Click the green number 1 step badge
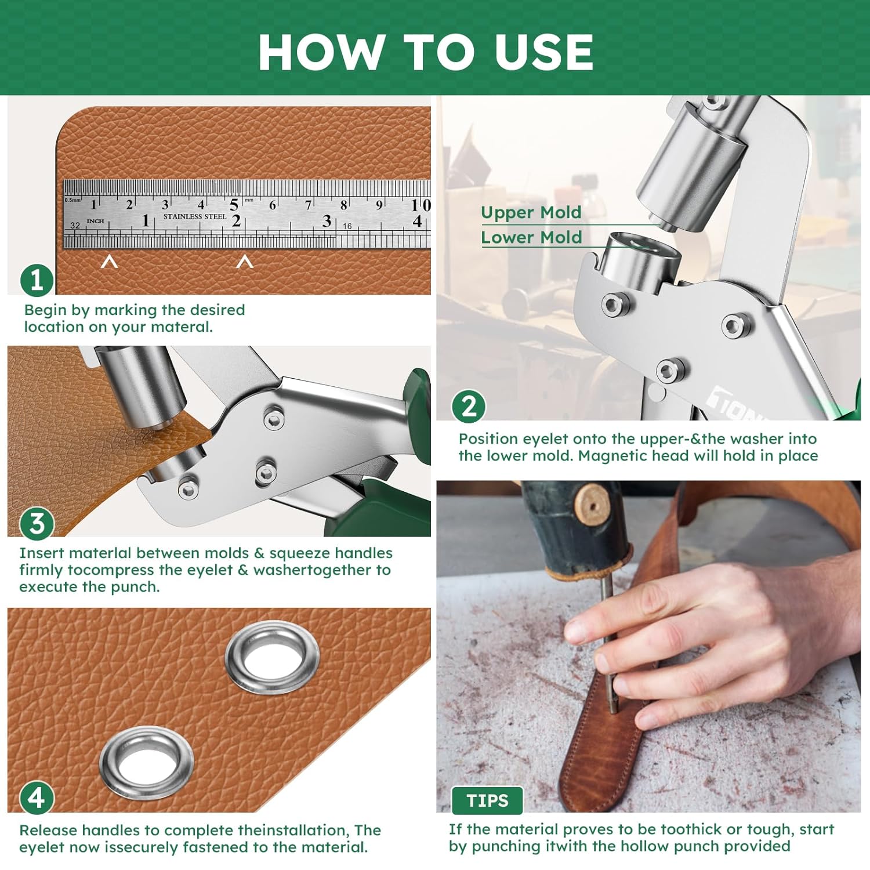pyautogui.click(x=37, y=280)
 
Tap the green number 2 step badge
pyautogui.click(x=469, y=405)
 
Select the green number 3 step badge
pyautogui.click(x=37, y=523)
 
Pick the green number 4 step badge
pyautogui.click(x=37, y=797)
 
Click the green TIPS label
pyautogui.click(x=487, y=800)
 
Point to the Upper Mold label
pyautogui.click(x=531, y=212)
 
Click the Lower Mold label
pyautogui.click(x=531, y=237)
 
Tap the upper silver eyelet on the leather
pyautogui.click(x=272, y=658)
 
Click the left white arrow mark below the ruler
pyautogui.click(x=110, y=262)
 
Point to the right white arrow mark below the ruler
pyautogui.click(x=245, y=262)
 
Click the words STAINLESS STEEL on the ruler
pyautogui.click(x=195, y=216)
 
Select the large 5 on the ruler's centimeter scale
pyautogui.click(x=234, y=205)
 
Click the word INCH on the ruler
pyautogui.click(x=95, y=221)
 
